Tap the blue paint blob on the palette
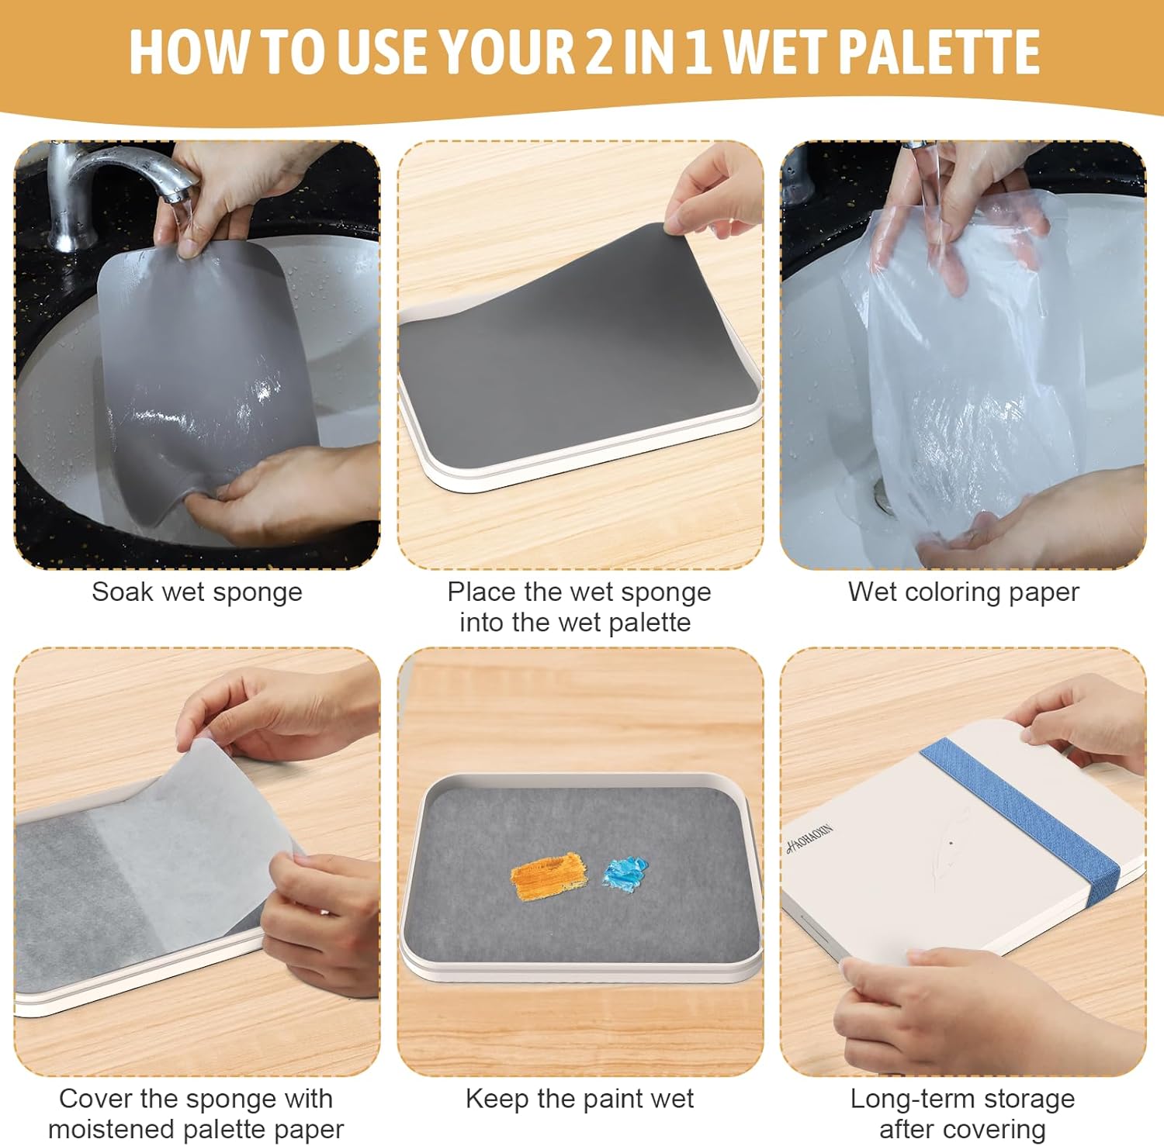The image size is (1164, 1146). point(625,873)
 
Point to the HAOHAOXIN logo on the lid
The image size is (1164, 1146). point(809,838)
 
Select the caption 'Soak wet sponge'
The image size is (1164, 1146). point(197,592)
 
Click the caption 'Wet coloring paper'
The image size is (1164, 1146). point(963,592)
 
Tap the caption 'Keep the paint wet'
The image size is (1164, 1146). point(580,1099)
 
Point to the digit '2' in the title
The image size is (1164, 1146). point(599,53)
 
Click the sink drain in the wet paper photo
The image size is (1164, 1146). point(885,496)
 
